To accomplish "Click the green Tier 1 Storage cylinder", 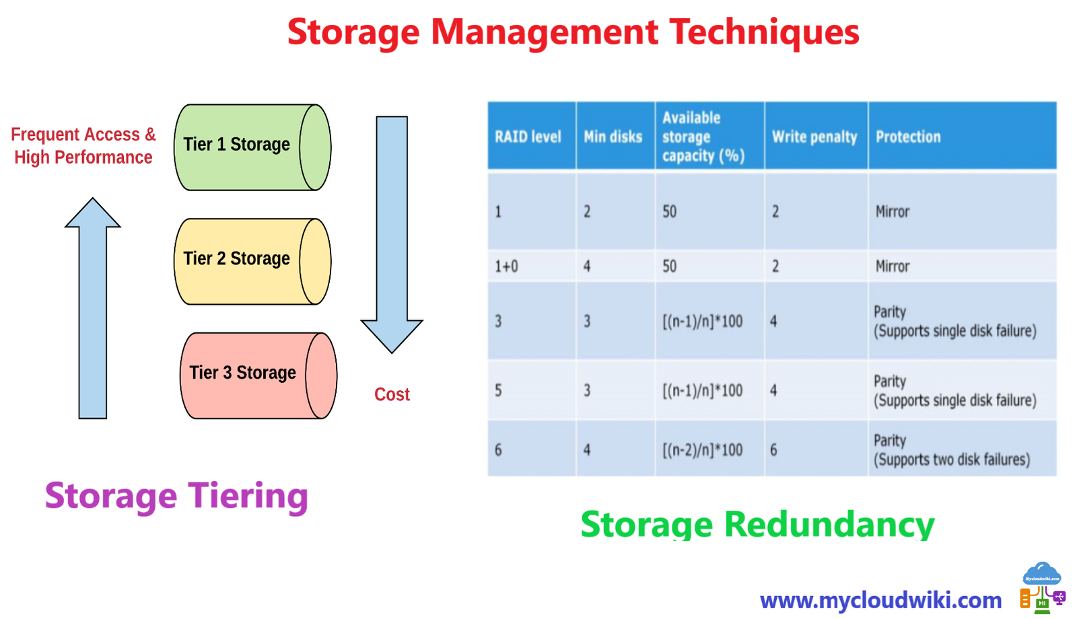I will coord(252,147).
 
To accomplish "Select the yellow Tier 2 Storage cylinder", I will coord(252,261).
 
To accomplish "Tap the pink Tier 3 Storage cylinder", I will coord(258,375).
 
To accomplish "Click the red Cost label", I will coord(392,394).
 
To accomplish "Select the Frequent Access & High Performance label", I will coord(83,146).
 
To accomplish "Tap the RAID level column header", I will coord(528,137).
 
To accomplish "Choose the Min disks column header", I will coord(613,137).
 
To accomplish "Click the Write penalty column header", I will coord(814,137).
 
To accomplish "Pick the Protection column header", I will coord(908,137).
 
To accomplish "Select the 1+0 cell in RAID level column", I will coord(506,266).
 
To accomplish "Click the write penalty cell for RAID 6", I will coord(774,449).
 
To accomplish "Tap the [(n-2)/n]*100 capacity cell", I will coord(703,449).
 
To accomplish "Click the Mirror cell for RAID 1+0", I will coord(893,266).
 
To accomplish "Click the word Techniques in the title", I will coord(764,32).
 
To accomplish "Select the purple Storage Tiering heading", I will coord(176,496).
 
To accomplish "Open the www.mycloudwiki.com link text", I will coord(880,599).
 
